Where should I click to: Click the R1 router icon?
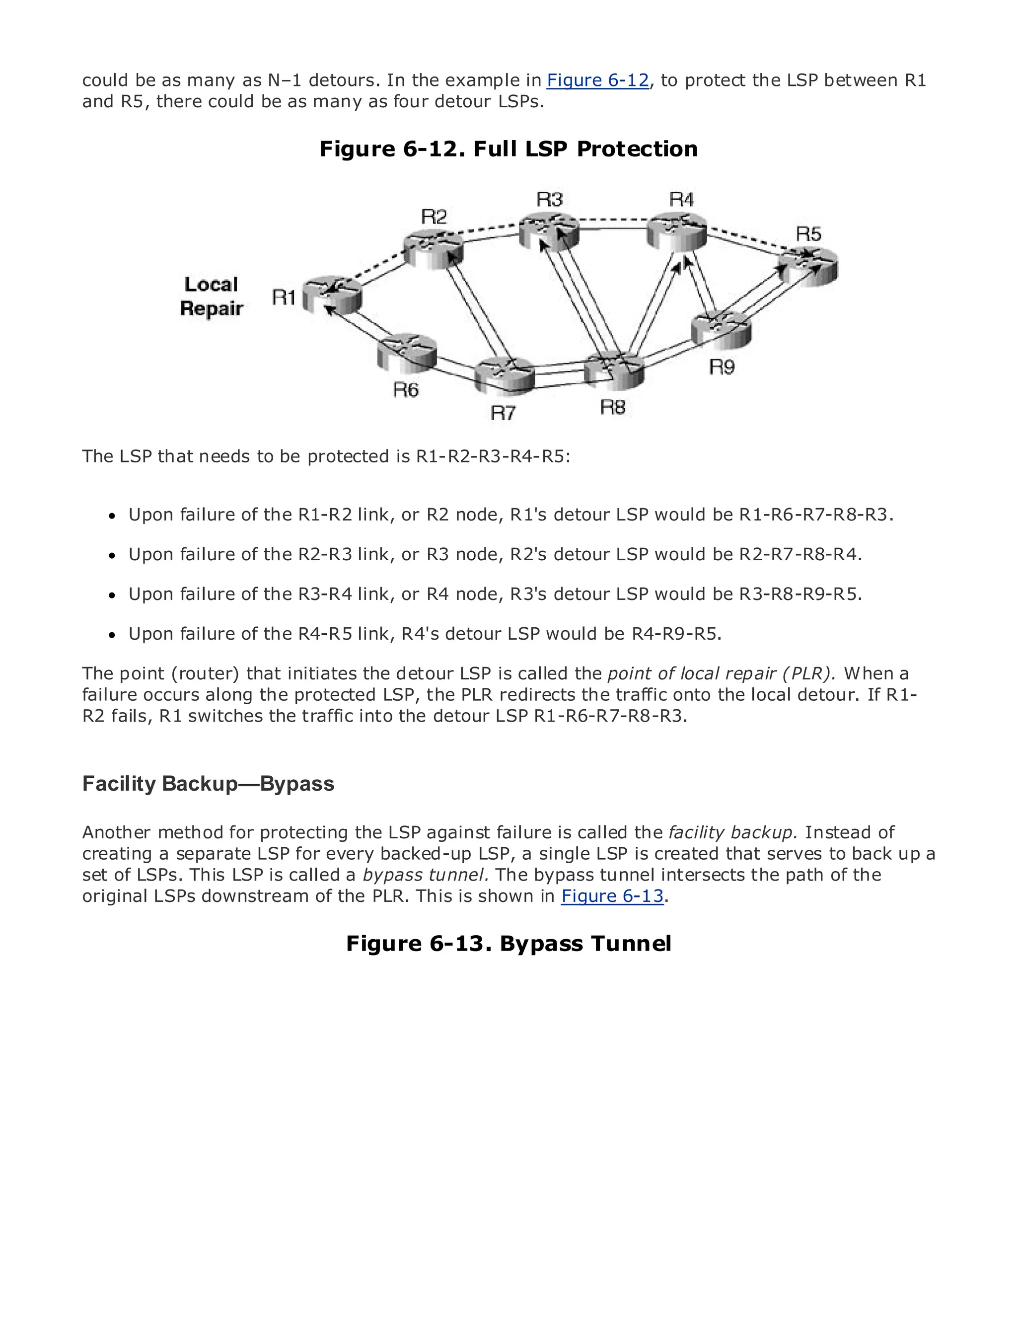pos(332,295)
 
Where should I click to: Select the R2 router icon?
pos(434,248)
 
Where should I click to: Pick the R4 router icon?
pos(677,231)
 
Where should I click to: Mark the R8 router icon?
pos(614,371)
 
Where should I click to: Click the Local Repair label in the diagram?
pos(211,297)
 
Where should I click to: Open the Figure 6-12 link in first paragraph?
pos(597,80)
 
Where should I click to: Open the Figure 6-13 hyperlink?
pos(613,896)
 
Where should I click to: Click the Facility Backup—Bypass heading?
pos(208,784)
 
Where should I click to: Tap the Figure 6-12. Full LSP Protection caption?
pos(508,149)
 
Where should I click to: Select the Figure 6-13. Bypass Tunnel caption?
pos(508,944)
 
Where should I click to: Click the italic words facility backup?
pos(733,832)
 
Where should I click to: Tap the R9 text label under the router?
pos(722,367)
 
